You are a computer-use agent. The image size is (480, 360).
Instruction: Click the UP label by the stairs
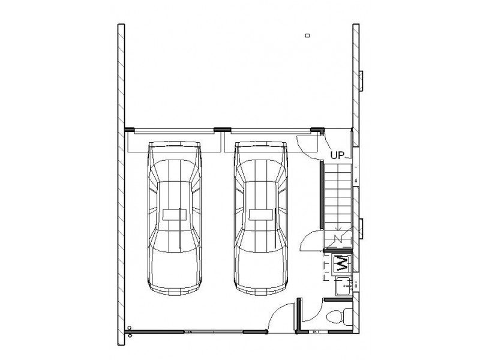click(x=337, y=155)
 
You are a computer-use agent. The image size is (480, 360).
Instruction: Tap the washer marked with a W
click(x=341, y=263)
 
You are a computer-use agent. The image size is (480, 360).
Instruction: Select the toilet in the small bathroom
click(x=339, y=317)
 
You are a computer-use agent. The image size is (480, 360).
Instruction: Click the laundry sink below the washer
click(x=343, y=286)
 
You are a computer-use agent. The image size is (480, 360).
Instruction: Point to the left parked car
click(x=175, y=218)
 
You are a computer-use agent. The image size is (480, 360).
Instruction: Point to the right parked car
click(x=261, y=218)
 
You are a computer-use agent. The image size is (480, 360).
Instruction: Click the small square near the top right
click(x=308, y=35)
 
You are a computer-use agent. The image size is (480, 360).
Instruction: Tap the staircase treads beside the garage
click(x=337, y=206)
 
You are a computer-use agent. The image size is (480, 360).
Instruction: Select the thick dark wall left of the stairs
click(x=322, y=194)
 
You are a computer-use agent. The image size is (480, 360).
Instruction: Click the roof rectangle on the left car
click(x=175, y=215)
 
